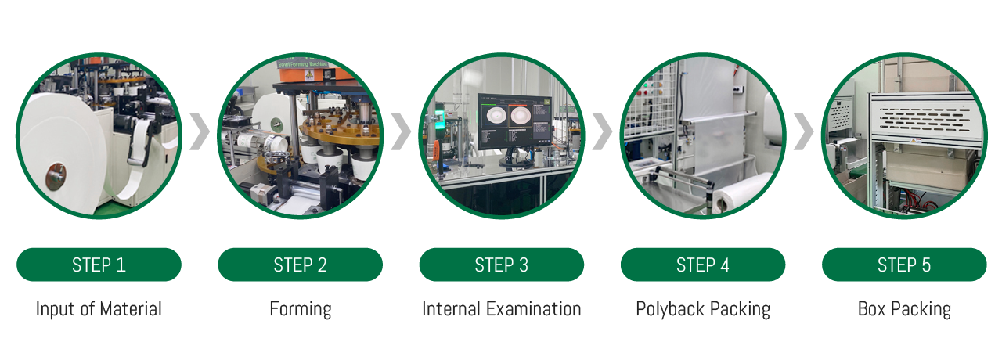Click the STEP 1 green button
coord(99,265)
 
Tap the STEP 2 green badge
coord(300,265)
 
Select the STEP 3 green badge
coord(502,265)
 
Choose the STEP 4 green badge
coord(703,265)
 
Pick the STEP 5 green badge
coord(904,265)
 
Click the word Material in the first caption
coord(131,309)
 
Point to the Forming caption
coord(301,310)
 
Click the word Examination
coord(534,309)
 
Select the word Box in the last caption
coord(871,309)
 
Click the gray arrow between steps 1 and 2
coord(200,131)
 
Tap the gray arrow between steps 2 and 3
coord(401,131)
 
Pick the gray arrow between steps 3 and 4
coord(602,131)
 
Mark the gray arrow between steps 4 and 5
coord(803,131)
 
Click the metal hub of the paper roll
coord(56,176)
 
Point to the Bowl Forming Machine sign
coord(302,64)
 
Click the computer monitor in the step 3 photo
coord(514,121)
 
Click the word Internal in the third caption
coord(452,309)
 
